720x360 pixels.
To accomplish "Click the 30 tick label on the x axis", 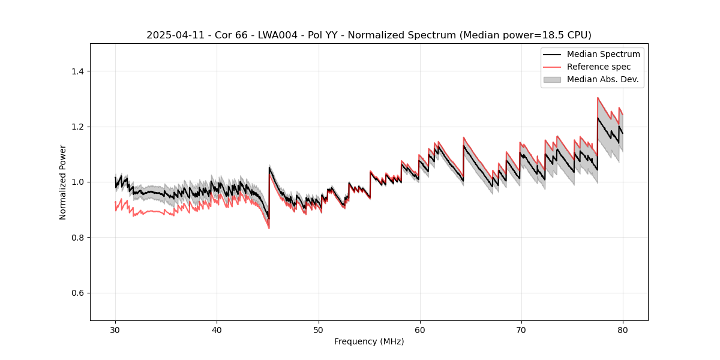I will click(x=115, y=330).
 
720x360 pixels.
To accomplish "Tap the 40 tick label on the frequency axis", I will click(x=217, y=330).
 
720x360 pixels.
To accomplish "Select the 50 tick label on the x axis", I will click(x=318, y=330).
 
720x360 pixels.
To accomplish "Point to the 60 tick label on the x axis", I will click(x=419, y=330).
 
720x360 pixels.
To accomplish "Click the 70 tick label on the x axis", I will click(x=521, y=330).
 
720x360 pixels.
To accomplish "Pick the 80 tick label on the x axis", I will click(x=622, y=330).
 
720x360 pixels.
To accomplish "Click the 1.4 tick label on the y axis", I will click(x=77, y=71).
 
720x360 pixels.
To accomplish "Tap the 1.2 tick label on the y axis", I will click(x=77, y=127).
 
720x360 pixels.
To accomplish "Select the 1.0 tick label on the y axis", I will click(x=77, y=182).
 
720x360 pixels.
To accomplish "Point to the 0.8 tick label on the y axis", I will click(x=77, y=238).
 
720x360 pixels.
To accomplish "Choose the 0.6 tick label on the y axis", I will click(x=77, y=293).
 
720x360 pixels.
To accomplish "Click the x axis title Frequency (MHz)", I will click(x=369, y=342).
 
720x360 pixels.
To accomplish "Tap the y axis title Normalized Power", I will click(x=63, y=182).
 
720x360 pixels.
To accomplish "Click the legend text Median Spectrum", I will click(x=603, y=55).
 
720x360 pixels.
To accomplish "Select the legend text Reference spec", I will click(x=599, y=67).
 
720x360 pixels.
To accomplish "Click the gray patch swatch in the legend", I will click(x=552, y=79).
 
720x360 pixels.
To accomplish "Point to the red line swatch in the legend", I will click(x=552, y=67).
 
